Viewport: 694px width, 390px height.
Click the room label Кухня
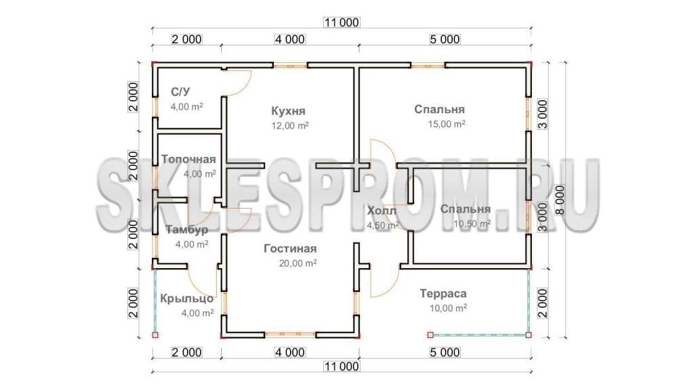(x=288, y=110)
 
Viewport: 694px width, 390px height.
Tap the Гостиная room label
(x=290, y=248)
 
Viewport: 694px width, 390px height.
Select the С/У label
(x=180, y=91)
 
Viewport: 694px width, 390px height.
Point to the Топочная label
(x=188, y=159)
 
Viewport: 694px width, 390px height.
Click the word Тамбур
(x=187, y=230)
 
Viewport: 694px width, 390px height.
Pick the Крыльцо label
(x=187, y=299)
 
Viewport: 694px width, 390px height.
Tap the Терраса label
(x=443, y=294)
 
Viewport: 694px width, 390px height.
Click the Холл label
(x=382, y=211)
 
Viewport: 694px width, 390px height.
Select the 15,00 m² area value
(x=447, y=125)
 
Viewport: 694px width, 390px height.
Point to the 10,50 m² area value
(x=472, y=224)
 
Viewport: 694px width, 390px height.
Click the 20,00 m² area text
(x=298, y=263)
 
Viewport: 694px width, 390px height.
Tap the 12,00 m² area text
(x=290, y=126)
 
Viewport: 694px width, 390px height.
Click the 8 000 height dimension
(x=560, y=200)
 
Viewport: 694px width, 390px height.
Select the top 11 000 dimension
(x=342, y=22)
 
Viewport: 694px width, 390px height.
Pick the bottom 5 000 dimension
(x=445, y=352)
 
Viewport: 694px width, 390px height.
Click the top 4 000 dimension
(x=290, y=39)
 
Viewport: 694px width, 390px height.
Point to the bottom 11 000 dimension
(x=342, y=366)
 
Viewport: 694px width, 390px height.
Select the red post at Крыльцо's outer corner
(x=155, y=335)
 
